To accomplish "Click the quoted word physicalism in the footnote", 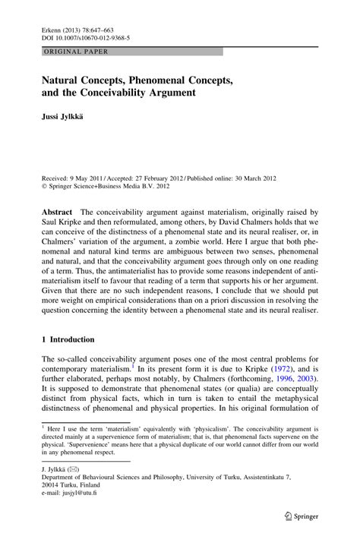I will [x=201, y=429].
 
